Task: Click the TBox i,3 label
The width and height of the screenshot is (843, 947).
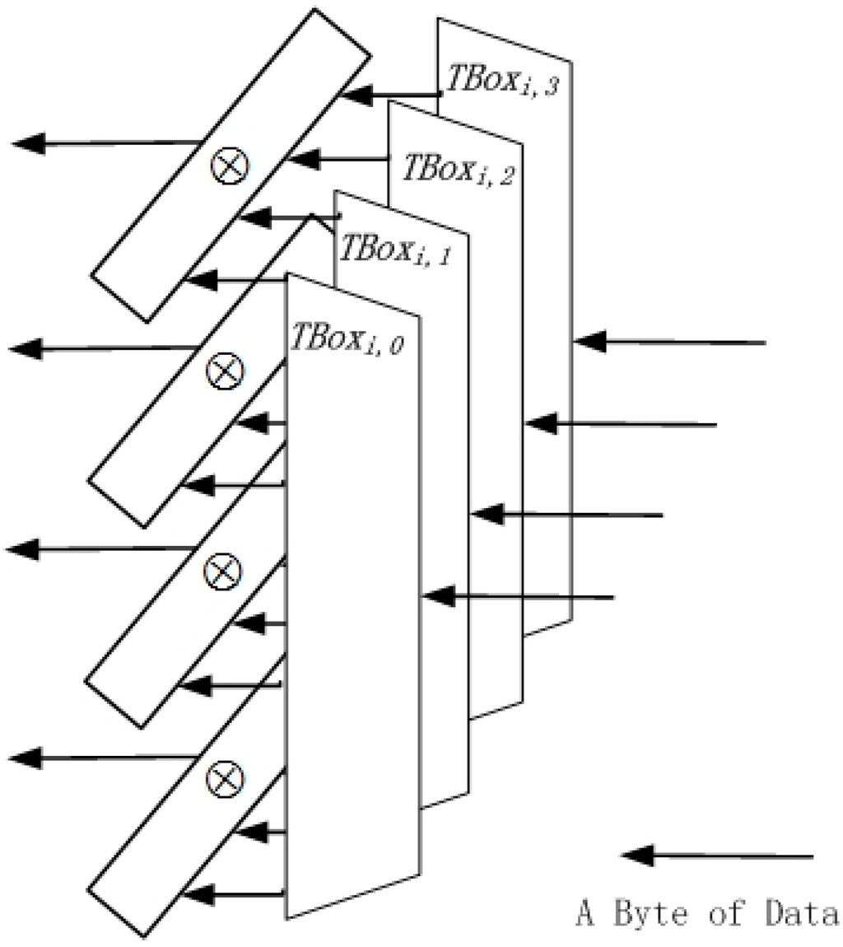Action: pyautogui.click(x=503, y=80)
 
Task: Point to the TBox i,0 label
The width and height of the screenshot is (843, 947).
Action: pyautogui.click(x=347, y=335)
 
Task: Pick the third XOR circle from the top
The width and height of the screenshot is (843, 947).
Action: pyautogui.click(x=222, y=567)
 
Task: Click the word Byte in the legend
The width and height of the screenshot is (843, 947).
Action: pyautogui.click(x=659, y=914)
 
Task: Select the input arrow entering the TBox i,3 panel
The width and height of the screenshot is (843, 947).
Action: pyautogui.click(x=670, y=341)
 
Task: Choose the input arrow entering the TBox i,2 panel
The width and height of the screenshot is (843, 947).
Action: pyautogui.click(x=621, y=424)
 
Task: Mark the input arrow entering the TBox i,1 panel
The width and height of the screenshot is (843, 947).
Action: pyautogui.click(x=567, y=515)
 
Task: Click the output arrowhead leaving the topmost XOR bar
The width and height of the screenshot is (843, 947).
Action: pyautogui.click(x=28, y=144)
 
